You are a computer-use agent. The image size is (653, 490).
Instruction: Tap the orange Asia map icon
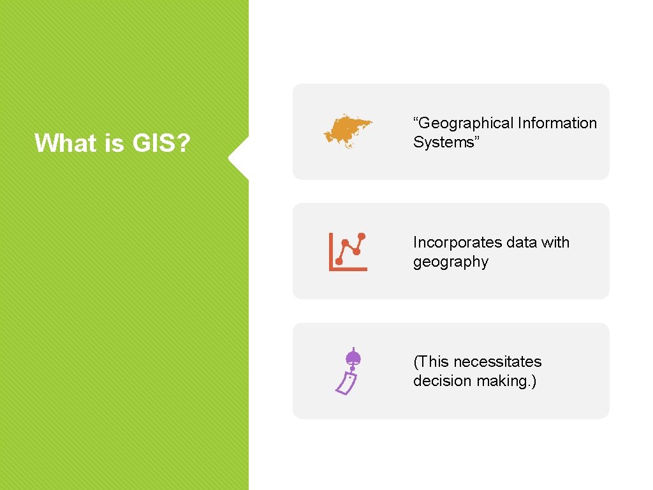348,131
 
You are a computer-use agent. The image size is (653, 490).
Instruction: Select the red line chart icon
348,251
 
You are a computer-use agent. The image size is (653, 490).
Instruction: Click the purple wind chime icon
348,371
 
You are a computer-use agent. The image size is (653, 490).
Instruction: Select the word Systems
443,142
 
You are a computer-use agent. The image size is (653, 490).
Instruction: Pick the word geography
450,262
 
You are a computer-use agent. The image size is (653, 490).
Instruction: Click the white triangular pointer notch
238,157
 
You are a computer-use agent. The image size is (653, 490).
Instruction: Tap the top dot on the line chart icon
362,236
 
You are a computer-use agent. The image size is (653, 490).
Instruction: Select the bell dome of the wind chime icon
352,357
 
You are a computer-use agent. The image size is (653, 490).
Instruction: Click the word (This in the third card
431,362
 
